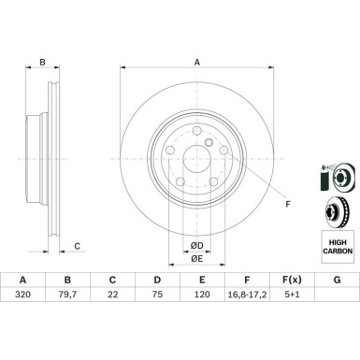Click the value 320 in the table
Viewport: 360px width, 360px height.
22,295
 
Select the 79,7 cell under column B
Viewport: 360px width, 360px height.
67,295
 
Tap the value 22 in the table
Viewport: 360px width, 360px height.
112,295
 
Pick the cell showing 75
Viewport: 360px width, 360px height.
157,295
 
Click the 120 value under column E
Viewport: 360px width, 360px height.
202,295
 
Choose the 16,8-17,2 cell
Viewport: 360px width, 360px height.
247,295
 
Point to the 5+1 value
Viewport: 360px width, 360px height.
292,295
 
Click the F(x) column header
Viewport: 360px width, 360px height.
292,280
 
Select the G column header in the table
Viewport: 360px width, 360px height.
337,280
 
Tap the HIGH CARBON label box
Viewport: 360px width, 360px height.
338,246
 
